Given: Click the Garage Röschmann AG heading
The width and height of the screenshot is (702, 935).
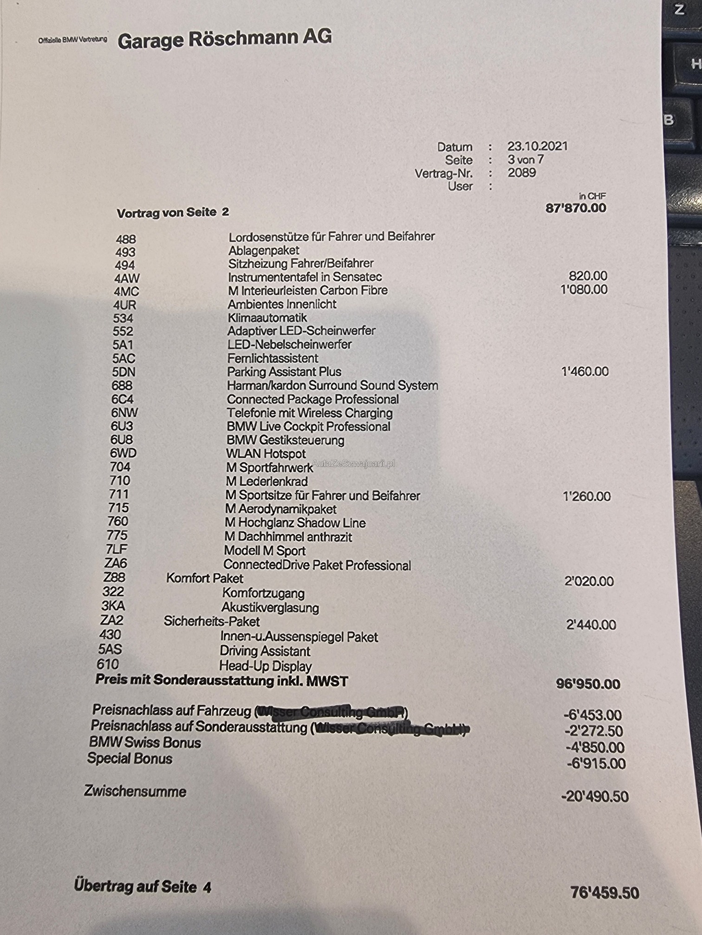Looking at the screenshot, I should click(225, 39).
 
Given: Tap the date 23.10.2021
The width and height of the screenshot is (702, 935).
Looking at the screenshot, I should click(537, 146).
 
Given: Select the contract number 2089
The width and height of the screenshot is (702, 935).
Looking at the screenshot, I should click(521, 173).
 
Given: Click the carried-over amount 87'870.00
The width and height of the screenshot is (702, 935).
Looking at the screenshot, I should click(576, 208).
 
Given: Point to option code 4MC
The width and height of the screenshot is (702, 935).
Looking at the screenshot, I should click(126, 291).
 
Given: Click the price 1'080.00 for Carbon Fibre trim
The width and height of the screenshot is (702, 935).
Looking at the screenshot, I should click(584, 289).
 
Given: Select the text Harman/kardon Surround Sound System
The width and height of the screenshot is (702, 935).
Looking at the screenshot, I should click(332, 385).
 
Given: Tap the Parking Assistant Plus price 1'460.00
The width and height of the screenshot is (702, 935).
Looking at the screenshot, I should click(585, 371).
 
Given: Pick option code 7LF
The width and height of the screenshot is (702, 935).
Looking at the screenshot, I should click(116, 549).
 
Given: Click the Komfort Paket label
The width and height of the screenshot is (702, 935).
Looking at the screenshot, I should click(205, 578).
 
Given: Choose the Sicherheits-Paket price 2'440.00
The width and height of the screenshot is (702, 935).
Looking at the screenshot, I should click(591, 625).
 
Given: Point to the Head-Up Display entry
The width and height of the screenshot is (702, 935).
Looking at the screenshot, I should click(265, 666).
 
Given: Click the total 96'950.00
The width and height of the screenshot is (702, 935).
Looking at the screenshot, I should click(588, 684).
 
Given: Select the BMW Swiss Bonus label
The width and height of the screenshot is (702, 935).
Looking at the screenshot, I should click(145, 743).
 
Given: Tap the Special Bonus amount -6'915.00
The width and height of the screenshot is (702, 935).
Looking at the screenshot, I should click(596, 763).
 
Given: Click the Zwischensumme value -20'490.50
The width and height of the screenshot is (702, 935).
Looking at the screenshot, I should click(595, 796).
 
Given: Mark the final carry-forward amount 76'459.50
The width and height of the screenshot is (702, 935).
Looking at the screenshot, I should click(604, 892).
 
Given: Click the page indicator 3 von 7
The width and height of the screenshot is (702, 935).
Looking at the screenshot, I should click(525, 160).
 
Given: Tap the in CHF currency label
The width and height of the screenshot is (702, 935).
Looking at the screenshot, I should click(592, 196).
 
